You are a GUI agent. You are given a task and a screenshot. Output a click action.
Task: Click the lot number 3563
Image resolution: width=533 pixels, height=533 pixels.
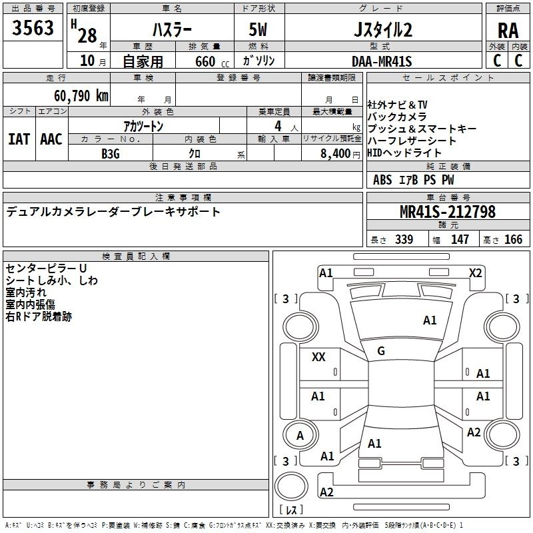pos(33,28)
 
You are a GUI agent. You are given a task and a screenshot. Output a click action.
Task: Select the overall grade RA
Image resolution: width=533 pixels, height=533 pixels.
pos(508,31)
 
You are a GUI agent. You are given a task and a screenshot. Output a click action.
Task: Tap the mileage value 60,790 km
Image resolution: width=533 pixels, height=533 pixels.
pos(81,96)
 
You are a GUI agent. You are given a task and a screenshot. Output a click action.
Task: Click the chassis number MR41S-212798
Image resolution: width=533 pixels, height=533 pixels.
pos(448,211)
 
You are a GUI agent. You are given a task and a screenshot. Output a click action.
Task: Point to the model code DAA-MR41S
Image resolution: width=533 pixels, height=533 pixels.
pos(382,61)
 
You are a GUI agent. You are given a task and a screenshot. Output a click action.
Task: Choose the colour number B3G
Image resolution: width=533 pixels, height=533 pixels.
pos(111,154)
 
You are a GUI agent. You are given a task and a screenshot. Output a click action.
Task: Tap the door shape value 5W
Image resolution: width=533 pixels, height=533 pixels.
pos(258,29)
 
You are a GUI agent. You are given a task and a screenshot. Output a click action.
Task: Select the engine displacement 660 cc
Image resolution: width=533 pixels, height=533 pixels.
pos(212,62)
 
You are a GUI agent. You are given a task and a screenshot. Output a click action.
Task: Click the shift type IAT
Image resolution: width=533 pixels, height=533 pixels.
pos(19,139)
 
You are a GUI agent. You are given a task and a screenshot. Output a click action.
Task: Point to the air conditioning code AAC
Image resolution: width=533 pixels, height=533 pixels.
pos(51,139)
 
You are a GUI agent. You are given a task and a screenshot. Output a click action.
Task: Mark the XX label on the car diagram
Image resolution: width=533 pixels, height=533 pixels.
pos(318,356)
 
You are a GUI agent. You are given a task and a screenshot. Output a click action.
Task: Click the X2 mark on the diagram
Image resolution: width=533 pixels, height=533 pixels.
pos(475,273)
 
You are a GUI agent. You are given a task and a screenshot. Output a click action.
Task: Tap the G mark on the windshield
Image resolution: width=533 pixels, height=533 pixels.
pos(381,351)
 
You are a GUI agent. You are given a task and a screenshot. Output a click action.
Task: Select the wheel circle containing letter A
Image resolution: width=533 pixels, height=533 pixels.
pos(300,435)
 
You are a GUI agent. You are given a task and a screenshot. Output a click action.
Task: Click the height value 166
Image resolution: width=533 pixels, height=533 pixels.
pos(513,239)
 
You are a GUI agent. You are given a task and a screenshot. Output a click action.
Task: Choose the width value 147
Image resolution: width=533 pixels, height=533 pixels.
pos(460,239)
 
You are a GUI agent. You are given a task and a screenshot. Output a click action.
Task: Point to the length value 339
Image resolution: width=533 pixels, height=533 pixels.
pos(404,239)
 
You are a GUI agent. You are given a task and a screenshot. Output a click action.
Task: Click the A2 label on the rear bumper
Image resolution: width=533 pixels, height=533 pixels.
pos(326,492)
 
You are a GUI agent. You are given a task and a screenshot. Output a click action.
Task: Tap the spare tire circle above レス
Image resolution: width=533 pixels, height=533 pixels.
pos(291,486)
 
